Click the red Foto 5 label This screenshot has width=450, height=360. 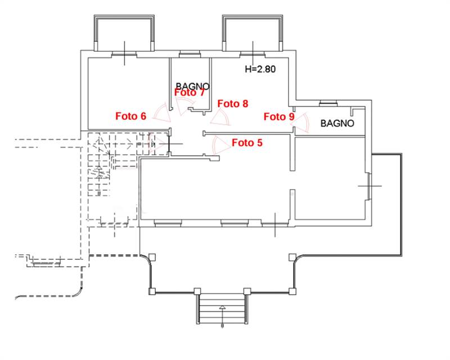click(247, 143)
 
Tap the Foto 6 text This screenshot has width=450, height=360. click(130, 116)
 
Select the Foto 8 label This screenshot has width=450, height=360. click(233, 103)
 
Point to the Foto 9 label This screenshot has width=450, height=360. click(279, 116)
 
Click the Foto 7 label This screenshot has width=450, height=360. click(190, 93)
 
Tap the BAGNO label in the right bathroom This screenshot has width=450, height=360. click(337, 123)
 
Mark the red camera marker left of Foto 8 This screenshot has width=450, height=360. click(220, 117)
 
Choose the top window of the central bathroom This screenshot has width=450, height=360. click(190, 55)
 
